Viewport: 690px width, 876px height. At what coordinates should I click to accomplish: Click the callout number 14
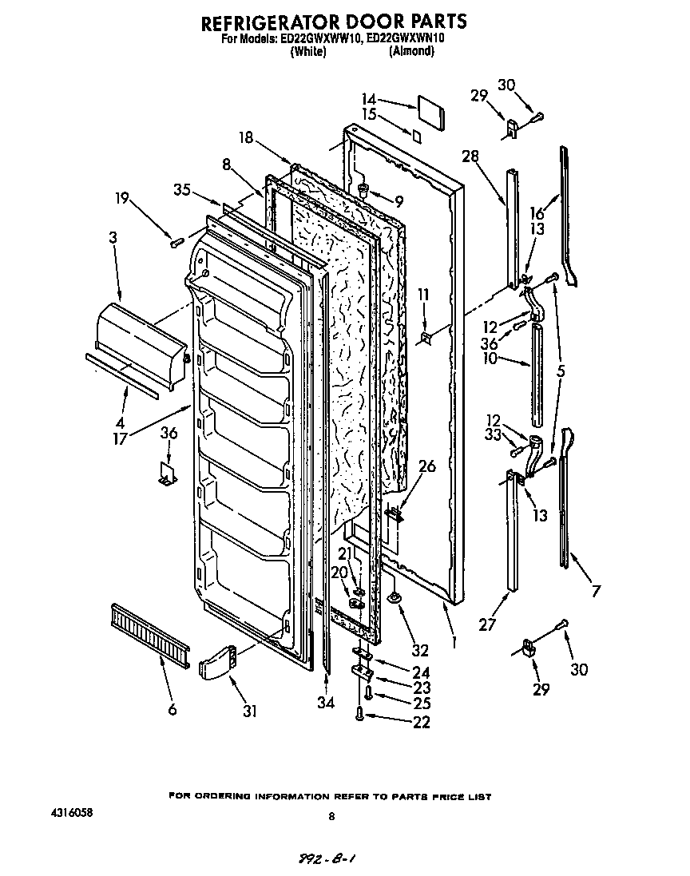(368, 100)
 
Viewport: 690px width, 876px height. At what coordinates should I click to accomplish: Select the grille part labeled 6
(149, 632)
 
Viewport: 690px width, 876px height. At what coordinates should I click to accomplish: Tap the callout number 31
(250, 710)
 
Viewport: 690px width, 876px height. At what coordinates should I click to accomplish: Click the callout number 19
(121, 198)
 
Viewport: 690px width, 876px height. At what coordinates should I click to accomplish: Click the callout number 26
(427, 466)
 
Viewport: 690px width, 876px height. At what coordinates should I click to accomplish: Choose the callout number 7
(596, 592)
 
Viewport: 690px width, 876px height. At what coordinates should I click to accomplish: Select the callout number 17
(121, 438)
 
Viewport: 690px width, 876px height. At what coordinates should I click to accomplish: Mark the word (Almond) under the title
(411, 51)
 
